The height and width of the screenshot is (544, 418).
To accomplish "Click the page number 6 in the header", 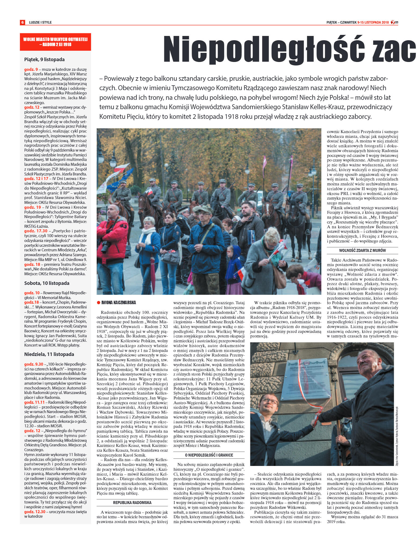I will [22, 22].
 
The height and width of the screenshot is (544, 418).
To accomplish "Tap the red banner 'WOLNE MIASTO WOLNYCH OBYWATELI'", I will [55, 42].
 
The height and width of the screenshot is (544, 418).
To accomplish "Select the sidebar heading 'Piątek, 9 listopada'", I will [44, 60].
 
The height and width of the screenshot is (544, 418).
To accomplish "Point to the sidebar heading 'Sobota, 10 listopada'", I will [47, 283].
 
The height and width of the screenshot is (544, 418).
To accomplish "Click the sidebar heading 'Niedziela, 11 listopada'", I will [49, 354].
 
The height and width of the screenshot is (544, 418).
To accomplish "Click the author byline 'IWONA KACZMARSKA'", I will [118, 303].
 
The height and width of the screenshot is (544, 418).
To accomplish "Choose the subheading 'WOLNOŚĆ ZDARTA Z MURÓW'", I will [362, 251].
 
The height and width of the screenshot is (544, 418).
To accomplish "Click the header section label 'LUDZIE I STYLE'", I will [40, 22].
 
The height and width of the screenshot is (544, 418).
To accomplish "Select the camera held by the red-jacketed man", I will [105, 246].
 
